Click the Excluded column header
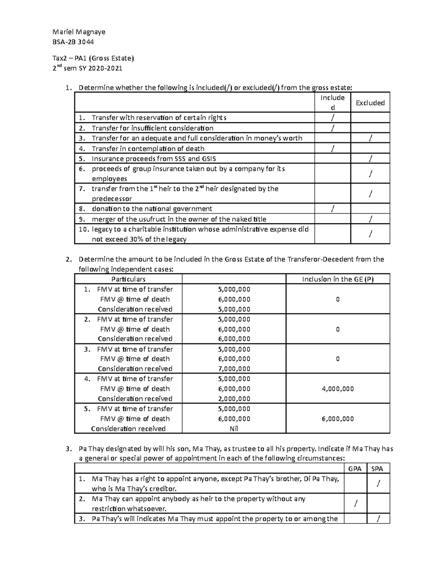(x=370, y=103)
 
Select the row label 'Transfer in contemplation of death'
(x=148, y=148)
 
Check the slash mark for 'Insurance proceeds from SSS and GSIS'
(x=370, y=158)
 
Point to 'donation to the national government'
(x=152, y=209)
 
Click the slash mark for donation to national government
(x=332, y=209)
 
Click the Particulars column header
(x=128, y=279)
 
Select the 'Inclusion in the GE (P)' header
(x=337, y=279)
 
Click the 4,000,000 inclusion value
(x=337, y=389)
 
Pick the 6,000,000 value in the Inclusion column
(x=337, y=419)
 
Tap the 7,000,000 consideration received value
(x=234, y=369)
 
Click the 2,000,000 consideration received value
(x=234, y=399)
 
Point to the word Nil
(x=234, y=429)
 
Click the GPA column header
(x=355, y=469)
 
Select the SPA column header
(x=378, y=469)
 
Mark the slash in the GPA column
(x=355, y=504)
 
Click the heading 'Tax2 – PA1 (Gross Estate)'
(x=93, y=58)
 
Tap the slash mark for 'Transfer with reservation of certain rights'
(x=332, y=118)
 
